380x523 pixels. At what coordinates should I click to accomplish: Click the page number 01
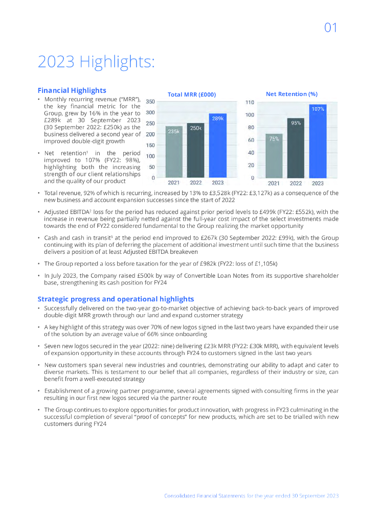331,28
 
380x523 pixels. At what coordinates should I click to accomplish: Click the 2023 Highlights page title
96,62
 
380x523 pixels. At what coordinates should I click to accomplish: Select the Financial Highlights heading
72,90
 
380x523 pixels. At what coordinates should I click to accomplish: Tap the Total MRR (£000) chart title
192,94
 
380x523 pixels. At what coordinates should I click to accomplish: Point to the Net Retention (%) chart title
292,94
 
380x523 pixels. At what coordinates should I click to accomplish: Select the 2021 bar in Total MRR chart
174,153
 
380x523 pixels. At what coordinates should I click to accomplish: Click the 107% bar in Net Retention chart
318,143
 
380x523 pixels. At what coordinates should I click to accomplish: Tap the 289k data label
217,118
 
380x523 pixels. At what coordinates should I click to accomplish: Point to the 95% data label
296,123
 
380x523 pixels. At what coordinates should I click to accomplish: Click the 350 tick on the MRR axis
150,102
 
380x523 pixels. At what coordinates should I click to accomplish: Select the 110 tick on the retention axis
250,103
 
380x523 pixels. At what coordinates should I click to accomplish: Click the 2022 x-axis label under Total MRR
195,183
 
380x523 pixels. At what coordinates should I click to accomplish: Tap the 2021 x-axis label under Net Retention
274,183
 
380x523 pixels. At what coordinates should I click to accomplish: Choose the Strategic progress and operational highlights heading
116,299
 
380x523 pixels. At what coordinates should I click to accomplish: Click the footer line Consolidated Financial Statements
251,496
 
